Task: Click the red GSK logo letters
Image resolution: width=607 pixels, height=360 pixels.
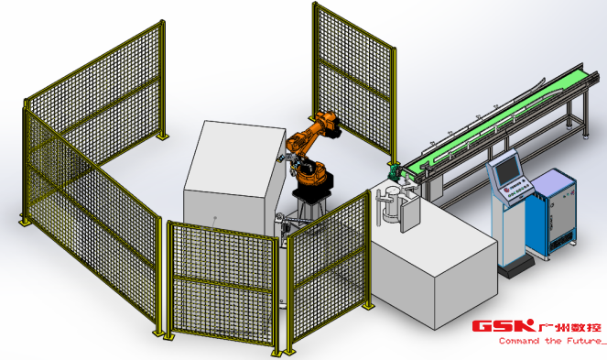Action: pos(504,326)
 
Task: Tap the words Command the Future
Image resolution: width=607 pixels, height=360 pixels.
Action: pos(550,341)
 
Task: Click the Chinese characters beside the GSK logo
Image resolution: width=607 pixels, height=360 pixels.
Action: pos(569,327)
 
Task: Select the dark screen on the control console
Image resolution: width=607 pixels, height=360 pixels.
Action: pos(508,169)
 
